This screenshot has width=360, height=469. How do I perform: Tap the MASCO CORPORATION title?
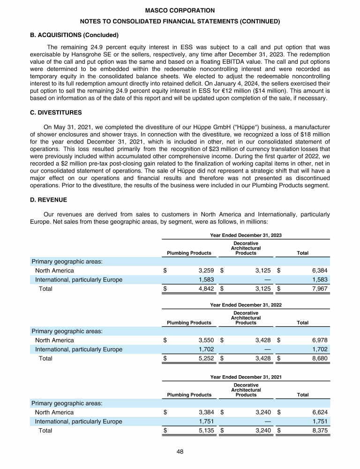pyautogui.click(x=180, y=10)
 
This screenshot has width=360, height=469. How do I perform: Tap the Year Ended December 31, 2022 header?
pyautogui.click(x=246, y=305)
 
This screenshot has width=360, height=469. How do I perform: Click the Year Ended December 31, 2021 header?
pyautogui.click(x=246, y=377)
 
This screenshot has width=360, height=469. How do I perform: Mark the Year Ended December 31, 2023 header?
pyautogui.click(x=246, y=235)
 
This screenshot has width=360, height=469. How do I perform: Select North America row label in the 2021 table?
pyautogui.click(x=54, y=412)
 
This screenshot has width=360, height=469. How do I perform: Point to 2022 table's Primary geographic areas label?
pyautogui.click(x=67, y=332)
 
